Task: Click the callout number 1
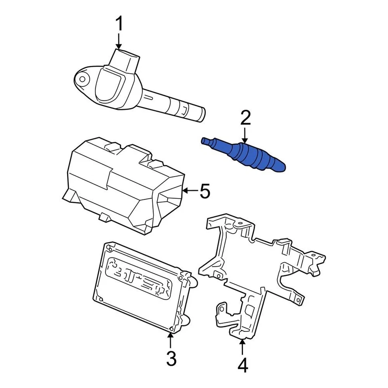[x=119, y=25]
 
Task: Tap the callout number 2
[x=245, y=118]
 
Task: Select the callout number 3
[x=171, y=358]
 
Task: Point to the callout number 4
[x=242, y=365]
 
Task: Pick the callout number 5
[x=205, y=191]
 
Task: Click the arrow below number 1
[x=119, y=42]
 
